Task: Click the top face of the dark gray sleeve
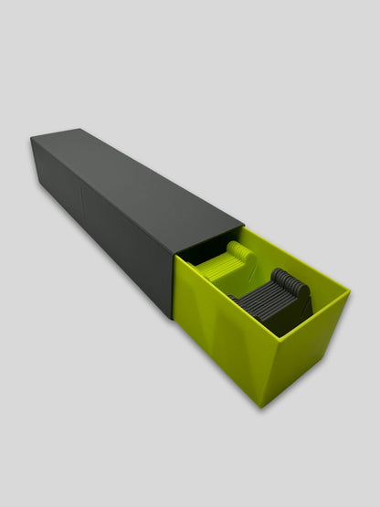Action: point(137,178)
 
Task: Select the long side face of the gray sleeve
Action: point(100,228)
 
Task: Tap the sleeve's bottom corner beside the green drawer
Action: point(174,316)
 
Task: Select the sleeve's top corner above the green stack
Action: point(244,224)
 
